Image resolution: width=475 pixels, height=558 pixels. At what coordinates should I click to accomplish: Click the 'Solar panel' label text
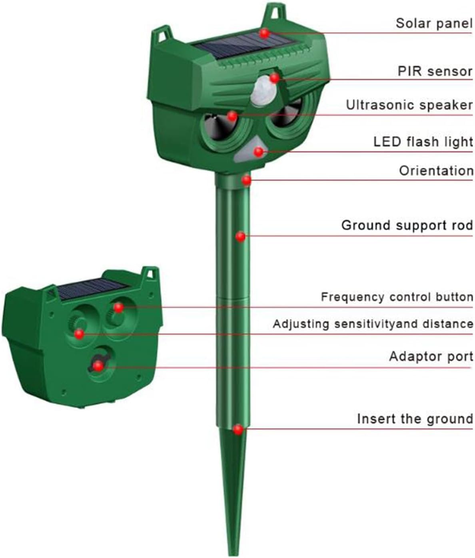click(x=434, y=23)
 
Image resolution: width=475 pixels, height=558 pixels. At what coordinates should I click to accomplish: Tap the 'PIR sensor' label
click(x=435, y=71)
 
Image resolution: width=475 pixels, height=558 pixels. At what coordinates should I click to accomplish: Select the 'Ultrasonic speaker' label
click(x=409, y=105)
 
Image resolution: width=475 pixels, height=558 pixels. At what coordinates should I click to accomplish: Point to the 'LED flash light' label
click(x=423, y=141)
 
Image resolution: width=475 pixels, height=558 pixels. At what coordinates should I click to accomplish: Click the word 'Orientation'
click(x=436, y=171)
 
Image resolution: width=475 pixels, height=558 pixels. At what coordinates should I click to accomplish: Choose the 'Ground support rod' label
click(x=407, y=225)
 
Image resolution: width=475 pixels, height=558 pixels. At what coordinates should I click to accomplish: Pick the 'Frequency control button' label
click(x=397, y=297)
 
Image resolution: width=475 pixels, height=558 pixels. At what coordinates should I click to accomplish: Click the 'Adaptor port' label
click(x=431, y=357)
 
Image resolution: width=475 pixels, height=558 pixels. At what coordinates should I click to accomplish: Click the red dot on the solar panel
click(x=264, y=33)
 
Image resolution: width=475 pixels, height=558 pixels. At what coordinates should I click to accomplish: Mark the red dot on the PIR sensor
click(x=274, y=78)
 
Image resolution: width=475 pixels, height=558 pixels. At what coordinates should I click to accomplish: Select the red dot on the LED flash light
click(x=259, y=152)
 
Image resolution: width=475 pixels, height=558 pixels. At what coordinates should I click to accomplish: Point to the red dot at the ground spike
click(x=238, y=430)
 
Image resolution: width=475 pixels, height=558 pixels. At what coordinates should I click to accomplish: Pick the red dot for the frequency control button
click(x=119, y=307)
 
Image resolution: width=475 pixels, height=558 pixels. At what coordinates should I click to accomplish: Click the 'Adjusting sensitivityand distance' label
click(x=373, y=324)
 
